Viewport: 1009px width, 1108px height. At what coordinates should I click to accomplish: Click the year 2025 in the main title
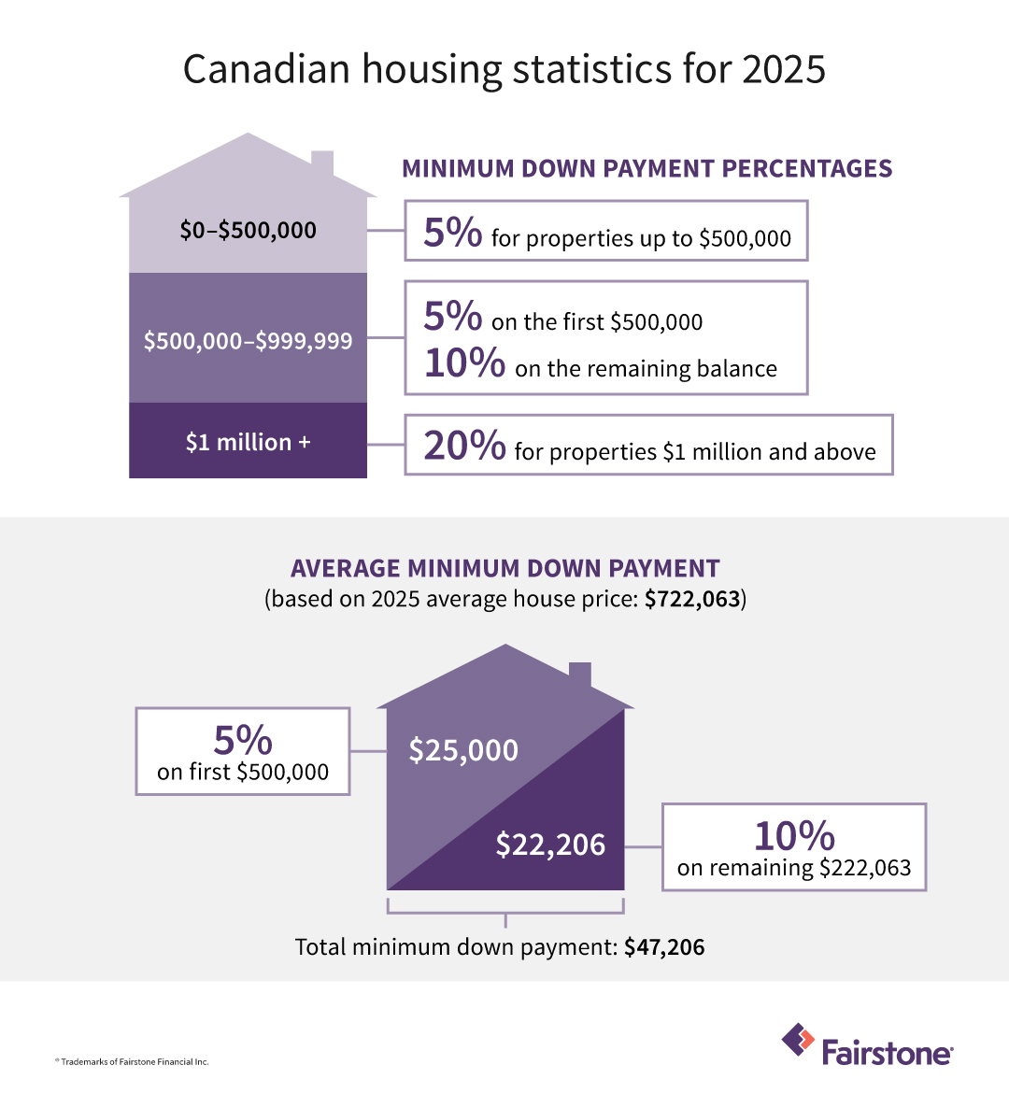784,70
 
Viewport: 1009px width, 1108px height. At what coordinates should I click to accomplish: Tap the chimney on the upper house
322,164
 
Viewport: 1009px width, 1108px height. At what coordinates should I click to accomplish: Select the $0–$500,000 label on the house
248,230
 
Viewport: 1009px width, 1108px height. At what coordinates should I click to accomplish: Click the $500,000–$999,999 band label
248,341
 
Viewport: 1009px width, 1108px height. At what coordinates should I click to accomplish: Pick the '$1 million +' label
248,442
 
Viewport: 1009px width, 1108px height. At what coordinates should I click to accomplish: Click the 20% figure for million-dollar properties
464,446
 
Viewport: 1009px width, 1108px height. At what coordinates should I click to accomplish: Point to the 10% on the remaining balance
464,362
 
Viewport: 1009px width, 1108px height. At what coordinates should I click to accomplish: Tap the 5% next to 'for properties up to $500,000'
452,232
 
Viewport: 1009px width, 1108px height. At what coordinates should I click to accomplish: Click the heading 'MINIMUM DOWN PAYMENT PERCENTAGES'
647,168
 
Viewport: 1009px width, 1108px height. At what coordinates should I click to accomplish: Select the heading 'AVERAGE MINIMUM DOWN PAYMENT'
504,568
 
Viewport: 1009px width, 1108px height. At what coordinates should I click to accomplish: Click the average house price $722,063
692,599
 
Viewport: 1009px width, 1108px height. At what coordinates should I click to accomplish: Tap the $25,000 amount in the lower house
463,750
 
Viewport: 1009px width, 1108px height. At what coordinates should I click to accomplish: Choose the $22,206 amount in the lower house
550,845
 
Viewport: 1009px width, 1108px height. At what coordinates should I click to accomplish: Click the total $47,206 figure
664,947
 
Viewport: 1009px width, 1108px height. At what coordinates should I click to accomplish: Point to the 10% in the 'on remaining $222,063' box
794,835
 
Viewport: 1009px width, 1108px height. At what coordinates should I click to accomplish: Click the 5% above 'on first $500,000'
243,740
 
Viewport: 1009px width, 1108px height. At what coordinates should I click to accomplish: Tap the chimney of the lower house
579,675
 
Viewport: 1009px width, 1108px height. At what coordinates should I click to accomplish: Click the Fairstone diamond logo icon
798,1040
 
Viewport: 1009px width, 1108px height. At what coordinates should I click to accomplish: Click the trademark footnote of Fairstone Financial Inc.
132,1061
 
